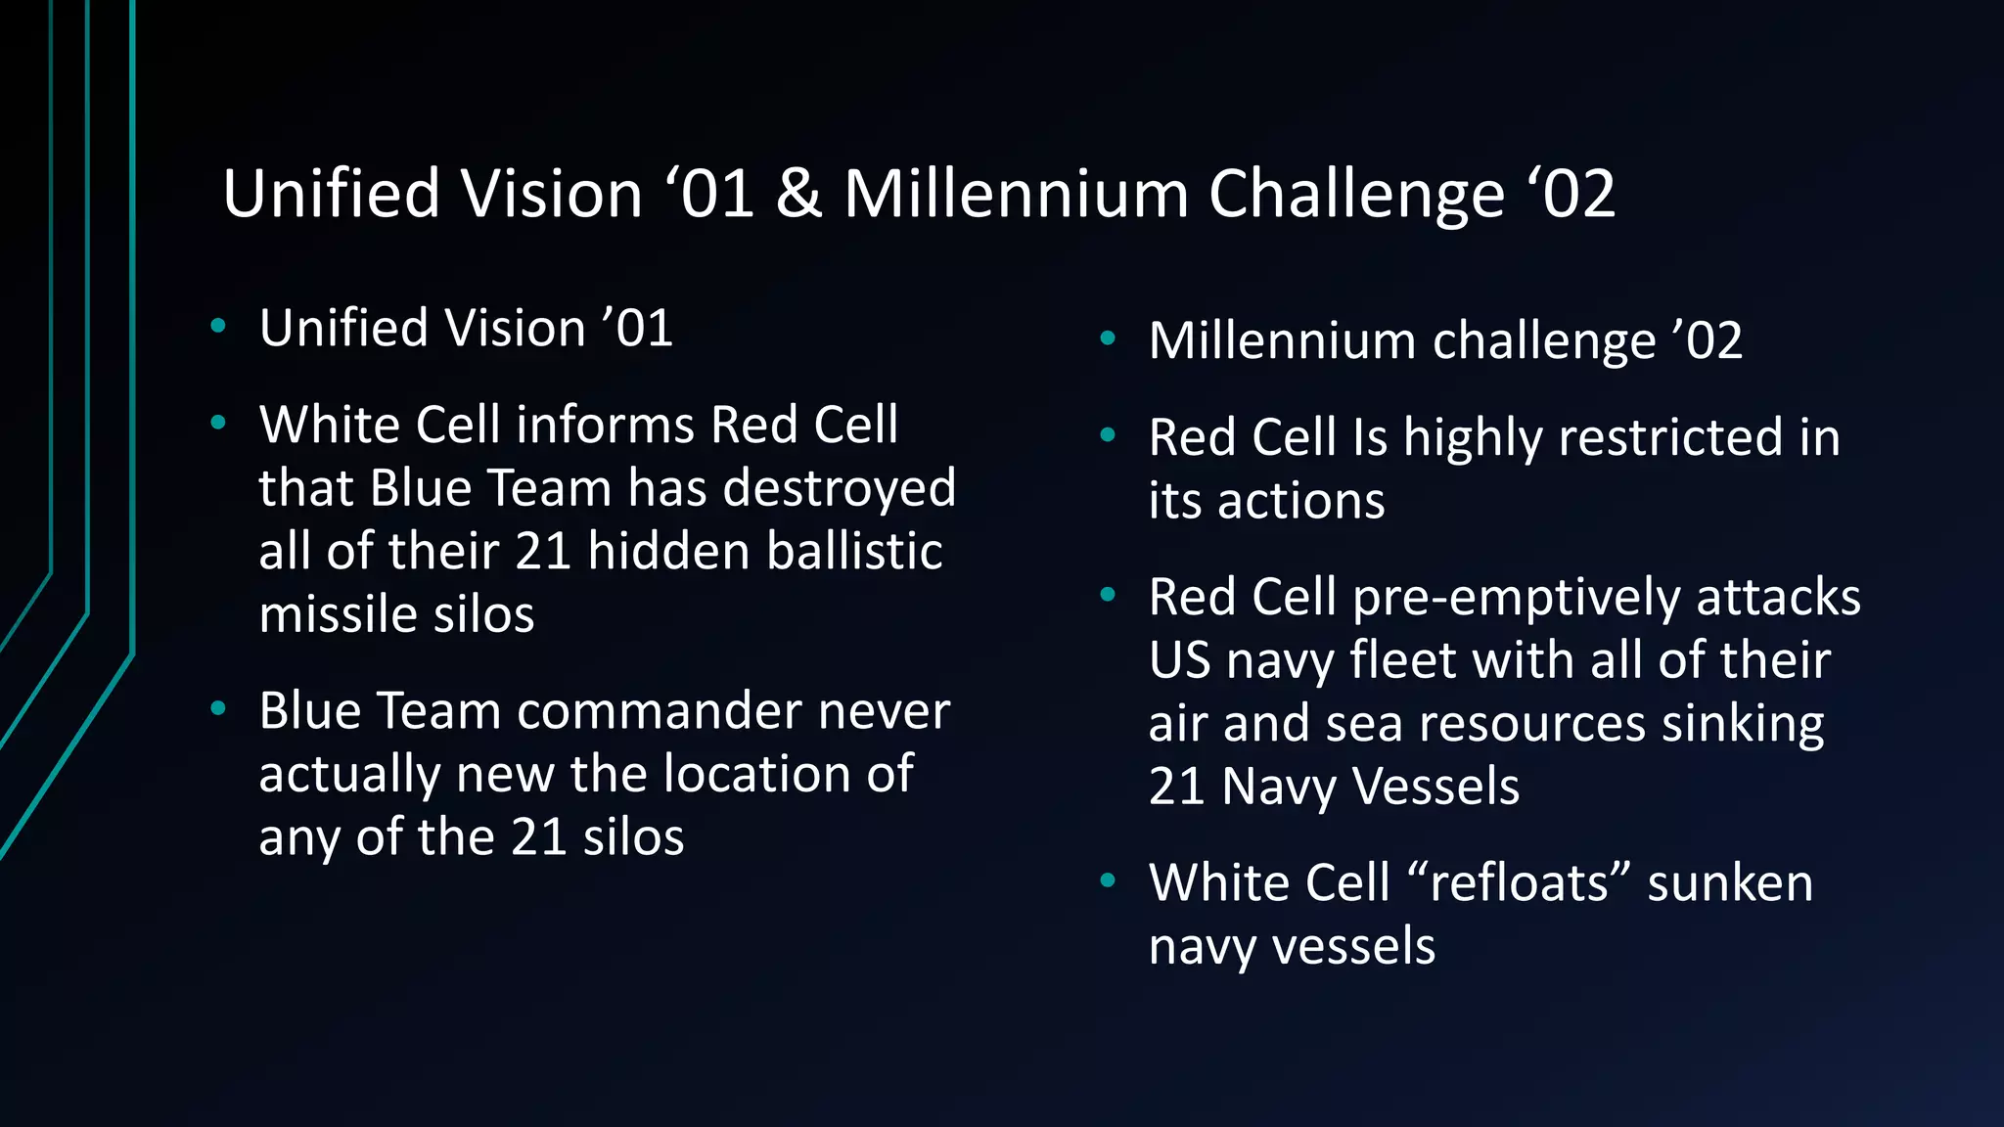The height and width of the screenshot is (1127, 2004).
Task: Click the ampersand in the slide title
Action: coord(798,194)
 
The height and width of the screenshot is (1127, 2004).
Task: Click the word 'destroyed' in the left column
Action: coord(840,487)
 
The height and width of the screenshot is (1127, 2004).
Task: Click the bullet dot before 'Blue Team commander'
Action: coord(218,708)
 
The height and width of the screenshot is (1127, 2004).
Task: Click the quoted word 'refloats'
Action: coord(1518,882)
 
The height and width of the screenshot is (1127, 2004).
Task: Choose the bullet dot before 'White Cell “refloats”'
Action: coord(1108,880)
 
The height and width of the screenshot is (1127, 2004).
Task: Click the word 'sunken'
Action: coord(1729,882)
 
